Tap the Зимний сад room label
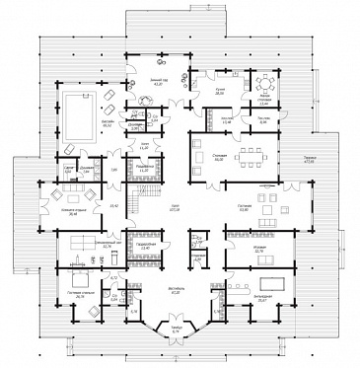tap(156, 79)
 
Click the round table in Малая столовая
tap(265, 86)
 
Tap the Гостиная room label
tap(245, 205)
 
